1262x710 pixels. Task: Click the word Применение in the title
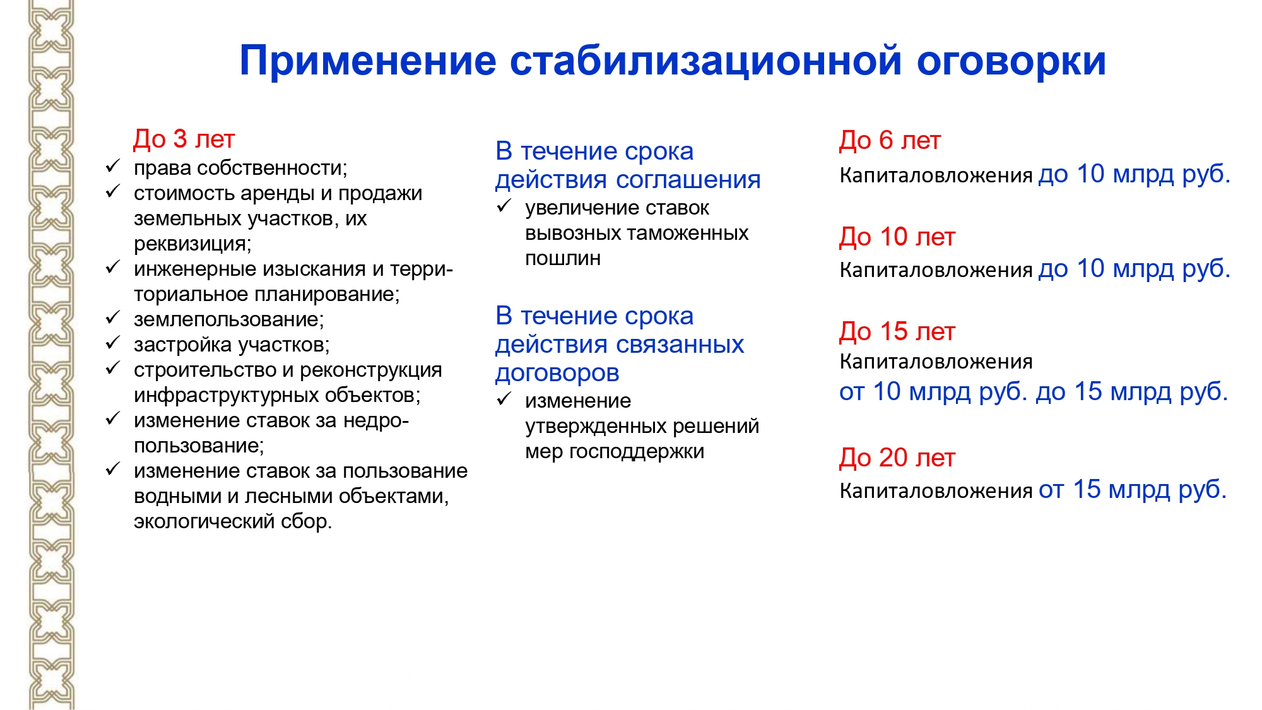click(x=368, y=61)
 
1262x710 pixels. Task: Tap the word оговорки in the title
click(x=1011, y=61)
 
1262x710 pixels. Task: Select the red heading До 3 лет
click(x=184, y=139)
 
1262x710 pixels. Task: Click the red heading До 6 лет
click(x=890, y=141)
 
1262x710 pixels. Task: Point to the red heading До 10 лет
click(x=897, y=237)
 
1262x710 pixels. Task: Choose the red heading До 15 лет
click(x=897, y=332)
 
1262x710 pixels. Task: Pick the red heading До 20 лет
click(x=897, y=458)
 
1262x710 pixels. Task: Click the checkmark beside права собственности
click(x=113, y=166)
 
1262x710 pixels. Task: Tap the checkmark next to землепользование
click(x=113, y=317)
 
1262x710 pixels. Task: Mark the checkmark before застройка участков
click(x=113, y=343)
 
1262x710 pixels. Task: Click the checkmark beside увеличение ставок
click(x=504, y=206)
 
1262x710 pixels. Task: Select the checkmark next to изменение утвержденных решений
click(x=504, y=399)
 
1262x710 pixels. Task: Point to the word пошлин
click(x=563, y=258)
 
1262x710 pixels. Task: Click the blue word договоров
click(x=557, y=373)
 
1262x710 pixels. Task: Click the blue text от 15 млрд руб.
click(x=1133, y=490)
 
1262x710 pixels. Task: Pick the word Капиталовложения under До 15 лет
click(x=936, y=362)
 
